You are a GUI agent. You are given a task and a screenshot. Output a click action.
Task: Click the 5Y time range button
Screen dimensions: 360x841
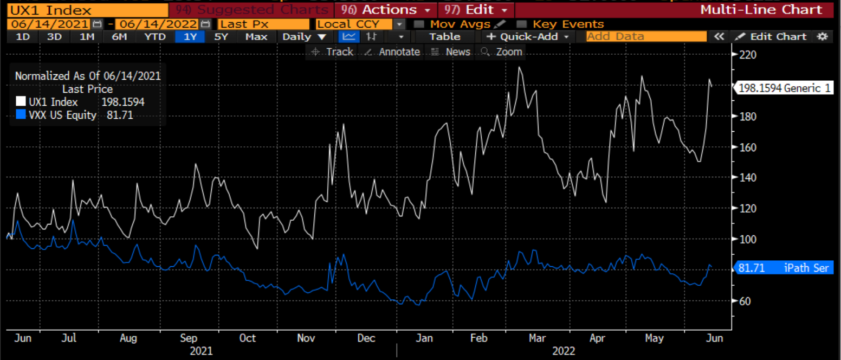click(221, 37)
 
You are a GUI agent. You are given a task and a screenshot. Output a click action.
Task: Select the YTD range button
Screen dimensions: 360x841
click(154, 37)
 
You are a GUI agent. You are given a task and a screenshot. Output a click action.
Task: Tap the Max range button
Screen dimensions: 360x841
click(256, 37)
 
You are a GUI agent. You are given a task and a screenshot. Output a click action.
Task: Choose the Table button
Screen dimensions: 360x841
click(444, 37)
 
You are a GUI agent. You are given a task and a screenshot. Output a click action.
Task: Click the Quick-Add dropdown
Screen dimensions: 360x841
click(528, 37)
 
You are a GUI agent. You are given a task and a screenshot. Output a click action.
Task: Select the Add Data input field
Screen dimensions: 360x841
click(646, 37)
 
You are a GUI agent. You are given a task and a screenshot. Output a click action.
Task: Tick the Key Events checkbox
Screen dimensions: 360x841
click(521, 24)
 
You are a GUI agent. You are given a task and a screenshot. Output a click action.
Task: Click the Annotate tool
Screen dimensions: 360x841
click(393, 52)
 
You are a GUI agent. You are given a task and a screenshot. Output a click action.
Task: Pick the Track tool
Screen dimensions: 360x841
click(333, 52)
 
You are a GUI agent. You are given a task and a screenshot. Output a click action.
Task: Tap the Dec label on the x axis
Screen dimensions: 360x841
click(366, 338)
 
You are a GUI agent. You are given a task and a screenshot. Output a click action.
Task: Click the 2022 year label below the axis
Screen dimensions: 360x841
click(564, 351)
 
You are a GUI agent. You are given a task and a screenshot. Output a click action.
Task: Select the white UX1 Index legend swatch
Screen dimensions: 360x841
click(21, 102)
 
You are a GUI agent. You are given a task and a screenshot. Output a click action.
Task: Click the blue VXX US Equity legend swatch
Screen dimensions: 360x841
click(21, 115)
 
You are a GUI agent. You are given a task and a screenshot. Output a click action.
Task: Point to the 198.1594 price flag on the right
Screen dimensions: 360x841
click(782, 88)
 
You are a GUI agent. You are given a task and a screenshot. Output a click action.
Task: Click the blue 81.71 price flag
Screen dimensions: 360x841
click(782, 268)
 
